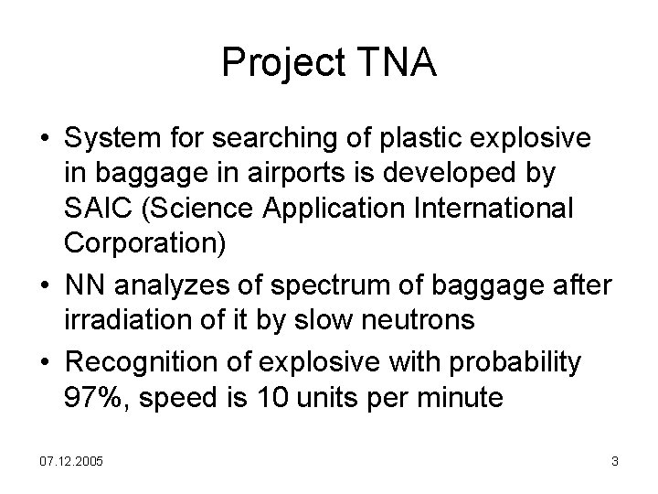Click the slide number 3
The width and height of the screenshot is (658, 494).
point(615,462)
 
